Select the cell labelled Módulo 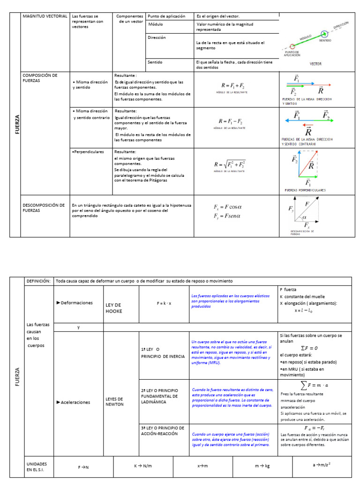pos(156,24)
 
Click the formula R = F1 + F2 pos(232,86)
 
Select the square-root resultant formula pos(230,165)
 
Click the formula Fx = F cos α pos(227,207)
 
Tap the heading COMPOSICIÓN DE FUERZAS pos(40,78)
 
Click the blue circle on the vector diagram pos(325,34)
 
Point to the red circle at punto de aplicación pos(292,46)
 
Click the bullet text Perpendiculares pos(88,152)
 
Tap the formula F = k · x pos(164,303)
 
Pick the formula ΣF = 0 pos(309,348)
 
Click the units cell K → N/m pos(143,466)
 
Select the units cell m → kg pos(262,466)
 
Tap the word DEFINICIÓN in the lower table pos(38,281)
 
